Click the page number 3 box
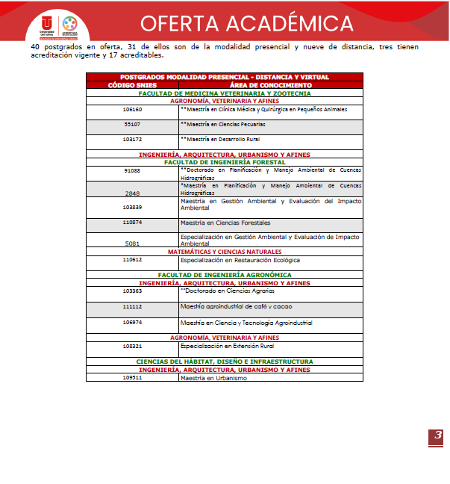[x=436, y=437]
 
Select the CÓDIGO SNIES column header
[x=132, y=84]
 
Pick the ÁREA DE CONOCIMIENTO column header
[x=270, y=84]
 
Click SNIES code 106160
[x=132, y=110]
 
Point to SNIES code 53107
[x=132, y=124]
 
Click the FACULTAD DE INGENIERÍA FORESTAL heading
[x=224, y=161]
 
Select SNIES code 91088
[x=132, y=170]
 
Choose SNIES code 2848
[x=132, y=193]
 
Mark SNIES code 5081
[x=132, y=243]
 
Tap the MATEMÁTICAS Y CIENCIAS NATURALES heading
[x=224, y=252]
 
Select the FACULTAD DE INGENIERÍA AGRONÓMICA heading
[x=224, y=276]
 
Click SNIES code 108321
[x=132, y=347]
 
